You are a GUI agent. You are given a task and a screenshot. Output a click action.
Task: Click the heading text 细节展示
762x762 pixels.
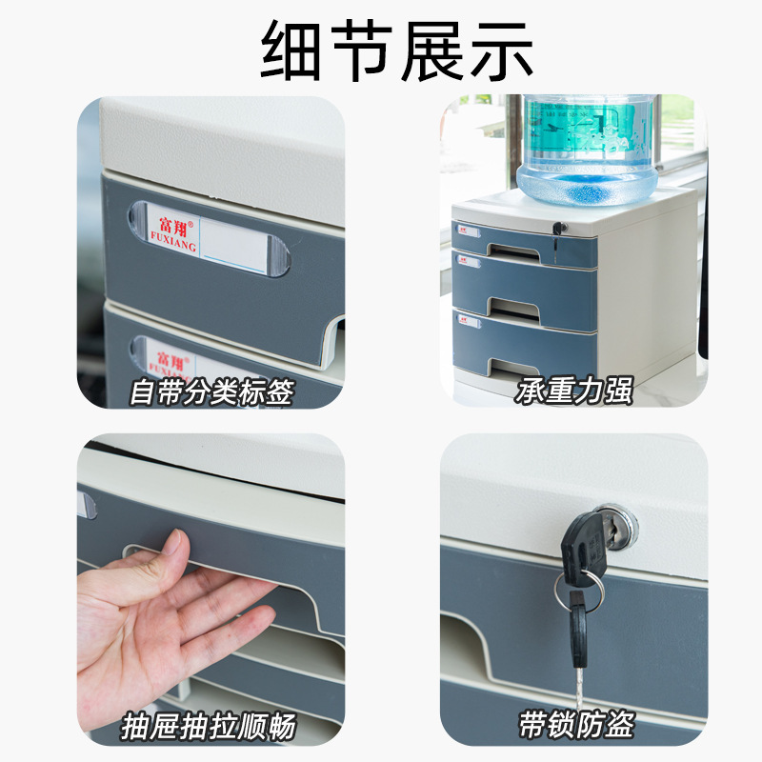[x=381, y=50]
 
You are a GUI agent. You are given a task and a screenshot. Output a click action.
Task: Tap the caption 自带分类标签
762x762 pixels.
[x=211, y=391]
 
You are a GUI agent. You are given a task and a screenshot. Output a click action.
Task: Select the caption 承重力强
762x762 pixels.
[x=574, y=391]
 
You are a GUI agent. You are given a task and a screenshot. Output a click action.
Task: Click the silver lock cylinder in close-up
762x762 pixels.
[x=624, y=523]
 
